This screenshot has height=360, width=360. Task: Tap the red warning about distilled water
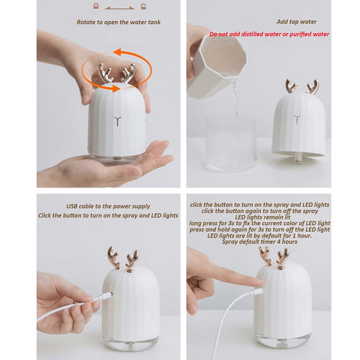(268, 34)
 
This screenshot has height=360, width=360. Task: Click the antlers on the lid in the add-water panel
(301, 85)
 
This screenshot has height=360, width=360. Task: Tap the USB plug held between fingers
(95, 302)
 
